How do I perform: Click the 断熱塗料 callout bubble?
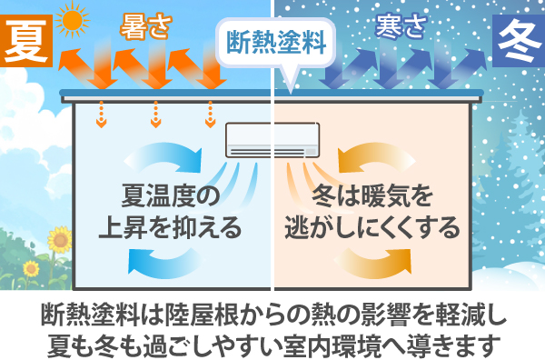pyautogui.click(x=273, y=41)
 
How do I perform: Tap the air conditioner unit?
pyautogui.click(x=272, y=140)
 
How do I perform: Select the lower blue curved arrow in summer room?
pyautogui.click(x=168, y=263)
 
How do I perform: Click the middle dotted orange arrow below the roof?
pyautogui.click(x=155, y=113)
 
